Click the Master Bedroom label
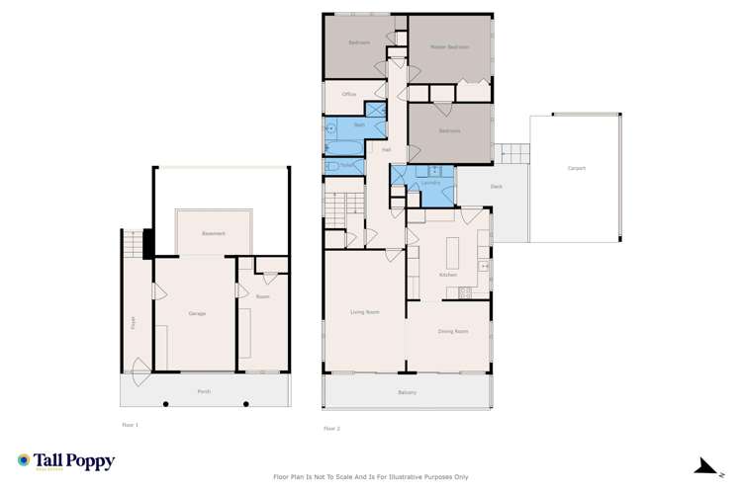coord(449,46)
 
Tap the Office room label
coord(348,94)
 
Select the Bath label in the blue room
coord(360,125)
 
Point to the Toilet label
coord(347,165)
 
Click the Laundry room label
coord(429,183)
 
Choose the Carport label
coord(576,168)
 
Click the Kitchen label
coord(447,275)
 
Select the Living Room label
coord(365,312)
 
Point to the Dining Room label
coord(452,331)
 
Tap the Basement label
coord(215,233)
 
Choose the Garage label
coord(197,313)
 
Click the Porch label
coord(204,391)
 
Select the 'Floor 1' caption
coord(130,424)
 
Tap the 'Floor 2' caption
coord(331,428)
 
